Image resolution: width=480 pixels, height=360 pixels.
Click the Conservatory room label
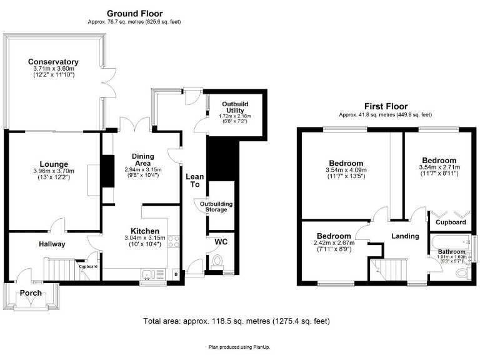click(x=53, y=62)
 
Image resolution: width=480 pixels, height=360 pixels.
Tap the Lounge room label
click(x=55, y=165)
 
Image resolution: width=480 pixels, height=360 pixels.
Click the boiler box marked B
click(x=175, y=274)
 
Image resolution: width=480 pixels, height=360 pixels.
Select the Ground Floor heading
click(x=134, y=13)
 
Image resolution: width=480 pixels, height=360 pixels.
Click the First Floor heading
click(x=385, y=106)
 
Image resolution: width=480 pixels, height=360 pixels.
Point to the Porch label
click(x=31, y=292)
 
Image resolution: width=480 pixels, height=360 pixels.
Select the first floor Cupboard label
click(x=451, y=222)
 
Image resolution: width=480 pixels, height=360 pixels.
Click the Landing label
click(x=405, y=236)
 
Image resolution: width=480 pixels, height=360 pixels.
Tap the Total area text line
click(x=236, y=321)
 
